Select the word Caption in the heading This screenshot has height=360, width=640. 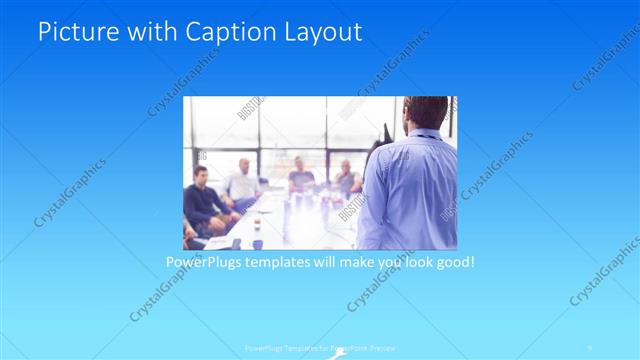point(221,31)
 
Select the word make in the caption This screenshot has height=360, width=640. point(370,262)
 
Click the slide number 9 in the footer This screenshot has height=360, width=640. point(590,349)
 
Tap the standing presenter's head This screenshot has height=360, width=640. point(421,112)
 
